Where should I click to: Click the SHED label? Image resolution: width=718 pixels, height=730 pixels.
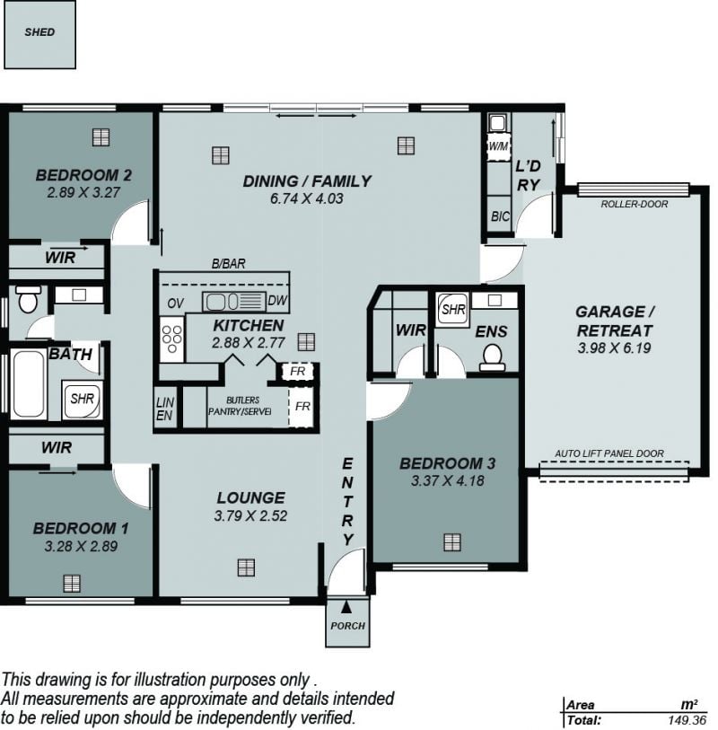[x=39, y=32]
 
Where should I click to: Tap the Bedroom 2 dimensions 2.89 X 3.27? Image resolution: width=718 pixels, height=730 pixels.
[x=83, y=192]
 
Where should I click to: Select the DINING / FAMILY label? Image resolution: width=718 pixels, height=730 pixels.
[x=307, y=181]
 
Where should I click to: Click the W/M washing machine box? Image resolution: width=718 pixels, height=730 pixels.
[x=498, y=146]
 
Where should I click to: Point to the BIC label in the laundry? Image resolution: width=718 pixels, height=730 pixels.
[x=500, y=216]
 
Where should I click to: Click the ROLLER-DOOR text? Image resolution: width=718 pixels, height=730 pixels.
[x=634, y=204]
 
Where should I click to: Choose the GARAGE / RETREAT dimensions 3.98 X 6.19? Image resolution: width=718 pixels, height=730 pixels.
[x=614, y=347]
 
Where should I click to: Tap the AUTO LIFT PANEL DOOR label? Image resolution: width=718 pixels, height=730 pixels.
[x=609, y=453]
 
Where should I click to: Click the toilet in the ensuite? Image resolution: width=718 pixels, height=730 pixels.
[x=493, y=357]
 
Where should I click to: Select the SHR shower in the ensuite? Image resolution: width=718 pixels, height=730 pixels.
[x=452, y=309]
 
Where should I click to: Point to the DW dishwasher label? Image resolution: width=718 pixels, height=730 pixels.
[x=277, y=301]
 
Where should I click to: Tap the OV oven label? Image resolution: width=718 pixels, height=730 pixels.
[x=175, y=303]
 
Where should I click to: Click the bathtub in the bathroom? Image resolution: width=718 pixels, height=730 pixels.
[x=28, y=384]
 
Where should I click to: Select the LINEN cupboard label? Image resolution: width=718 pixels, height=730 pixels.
[x=165, y=409]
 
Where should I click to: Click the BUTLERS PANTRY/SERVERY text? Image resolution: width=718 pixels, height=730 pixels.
[x=241, y=406]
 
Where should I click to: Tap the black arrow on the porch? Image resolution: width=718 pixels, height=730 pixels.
[x=346, y=607]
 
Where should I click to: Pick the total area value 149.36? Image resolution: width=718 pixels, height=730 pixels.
[x=687, y=720]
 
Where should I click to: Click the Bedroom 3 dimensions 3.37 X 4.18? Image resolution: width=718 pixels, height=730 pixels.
[x=447, y=480]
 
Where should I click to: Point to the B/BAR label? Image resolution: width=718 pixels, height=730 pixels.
[x=228, y=264]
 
